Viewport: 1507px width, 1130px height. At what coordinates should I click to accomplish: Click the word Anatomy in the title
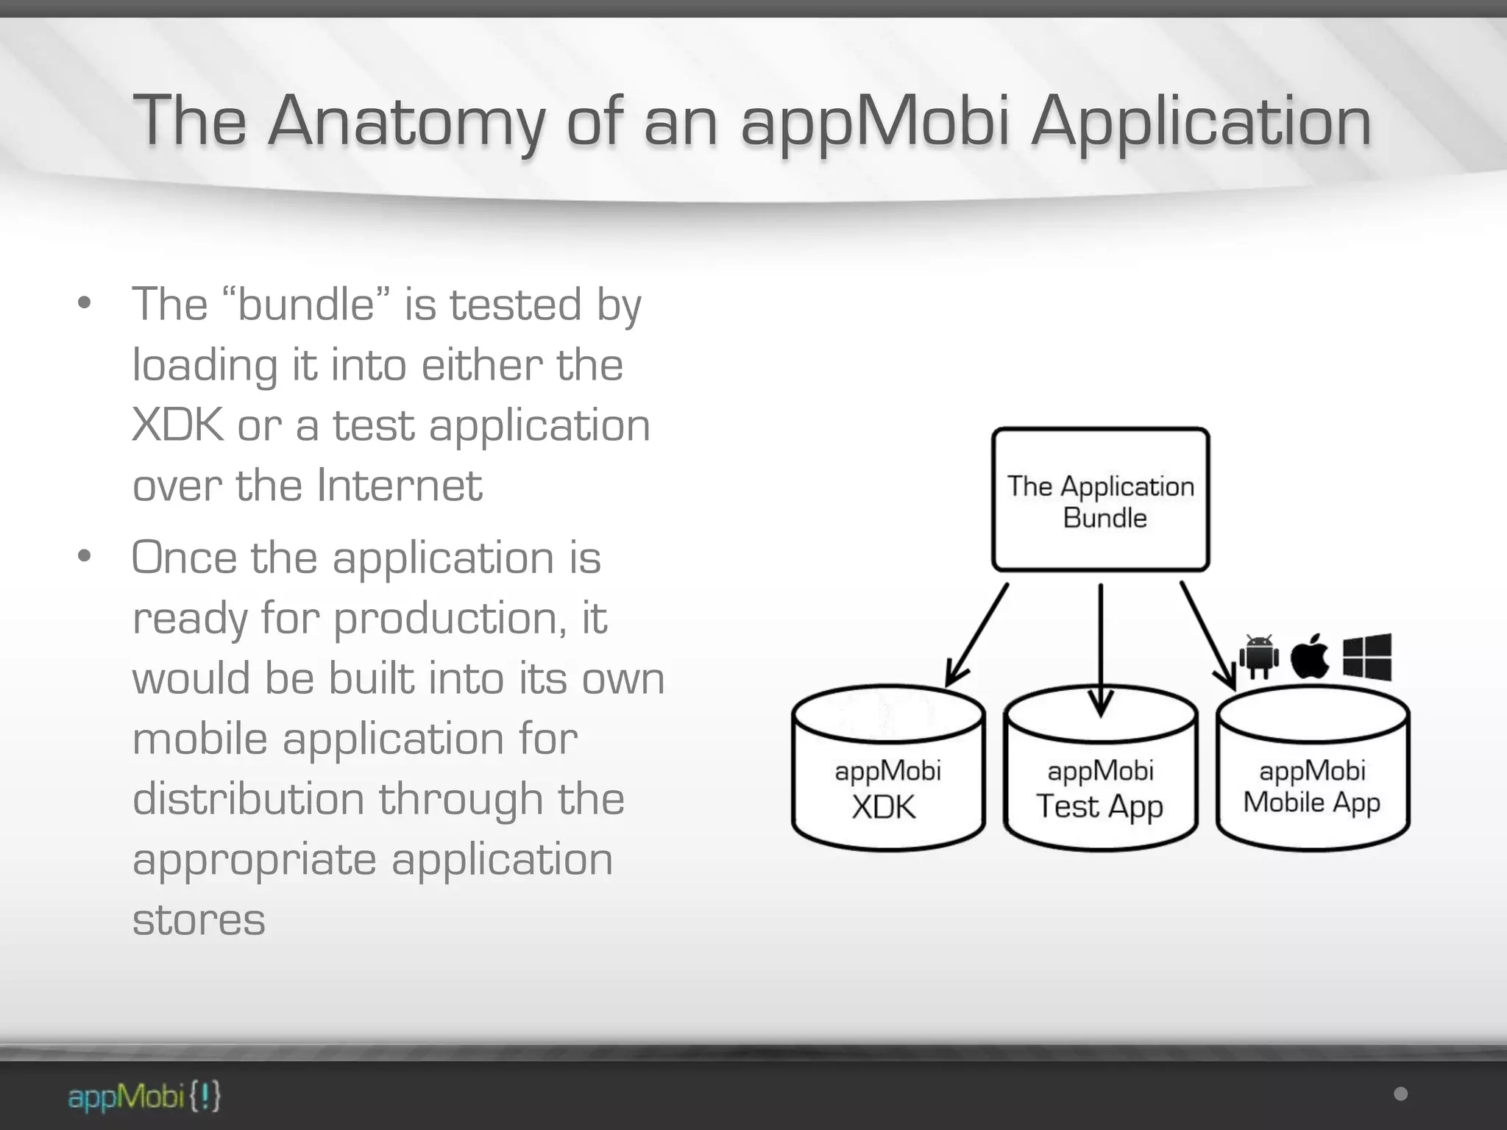[407, 121]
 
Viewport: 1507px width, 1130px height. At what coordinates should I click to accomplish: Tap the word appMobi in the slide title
[875, 121]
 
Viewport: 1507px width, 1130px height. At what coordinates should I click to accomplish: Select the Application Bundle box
[1100, 500]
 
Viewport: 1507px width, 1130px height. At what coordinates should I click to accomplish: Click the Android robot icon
[1259, 656]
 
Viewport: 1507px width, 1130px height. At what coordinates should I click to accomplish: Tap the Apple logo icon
[1310, 656]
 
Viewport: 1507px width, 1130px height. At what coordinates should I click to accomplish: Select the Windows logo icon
[1366, 656]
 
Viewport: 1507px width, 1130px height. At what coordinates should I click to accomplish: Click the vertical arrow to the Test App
[1100, 647]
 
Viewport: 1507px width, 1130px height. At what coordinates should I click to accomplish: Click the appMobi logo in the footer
[144, 1096]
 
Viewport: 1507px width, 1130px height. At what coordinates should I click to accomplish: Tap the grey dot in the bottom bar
[1400, 1094]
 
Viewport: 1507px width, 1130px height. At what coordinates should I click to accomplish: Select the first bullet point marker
[85, 303]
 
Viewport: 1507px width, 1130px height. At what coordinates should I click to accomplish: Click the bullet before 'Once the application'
[85, 556]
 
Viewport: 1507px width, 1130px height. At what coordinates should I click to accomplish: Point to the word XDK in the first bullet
[177, 425]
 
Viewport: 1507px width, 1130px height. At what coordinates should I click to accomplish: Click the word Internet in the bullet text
[400, 486]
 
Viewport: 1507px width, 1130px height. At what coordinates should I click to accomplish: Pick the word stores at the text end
[199, 920]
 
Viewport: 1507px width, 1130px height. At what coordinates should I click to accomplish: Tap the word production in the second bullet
[450, 618]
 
